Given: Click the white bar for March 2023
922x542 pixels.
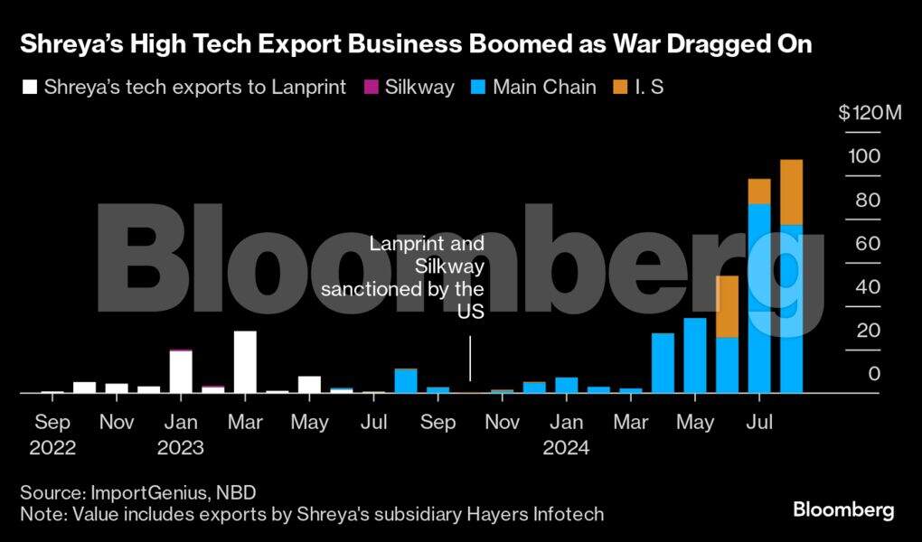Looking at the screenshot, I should tap(245, 361).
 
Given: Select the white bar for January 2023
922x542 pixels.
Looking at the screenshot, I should tap(181, 371).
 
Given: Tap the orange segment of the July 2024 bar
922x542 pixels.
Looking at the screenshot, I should tap(759, 192).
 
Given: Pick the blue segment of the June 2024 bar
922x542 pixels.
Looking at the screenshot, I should tap(727, 365).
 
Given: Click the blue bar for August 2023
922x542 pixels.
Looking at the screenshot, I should tap(406, 381).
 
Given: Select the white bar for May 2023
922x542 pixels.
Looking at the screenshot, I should tap(309, 384).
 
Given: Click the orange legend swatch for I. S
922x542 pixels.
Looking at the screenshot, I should tap(619, 88).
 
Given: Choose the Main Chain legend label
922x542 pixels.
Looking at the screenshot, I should tap(546, 88).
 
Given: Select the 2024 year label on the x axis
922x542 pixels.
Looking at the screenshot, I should tap(567, 447).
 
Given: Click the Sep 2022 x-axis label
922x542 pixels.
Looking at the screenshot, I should tap(52, 422).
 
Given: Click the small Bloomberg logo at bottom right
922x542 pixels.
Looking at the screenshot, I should tap(843, 510).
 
